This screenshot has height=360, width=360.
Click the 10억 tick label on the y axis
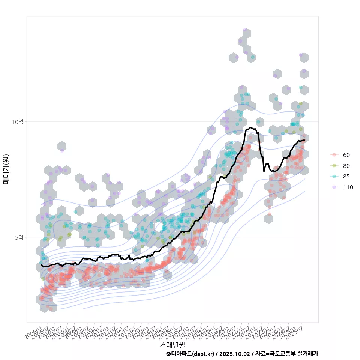18,122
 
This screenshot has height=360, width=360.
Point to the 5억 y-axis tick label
19,237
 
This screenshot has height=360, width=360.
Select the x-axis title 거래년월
172,344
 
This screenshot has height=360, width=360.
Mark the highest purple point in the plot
245,30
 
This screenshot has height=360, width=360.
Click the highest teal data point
253,57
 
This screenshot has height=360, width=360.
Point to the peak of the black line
250,127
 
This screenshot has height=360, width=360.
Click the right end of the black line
305,140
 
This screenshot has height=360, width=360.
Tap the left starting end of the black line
41,265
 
